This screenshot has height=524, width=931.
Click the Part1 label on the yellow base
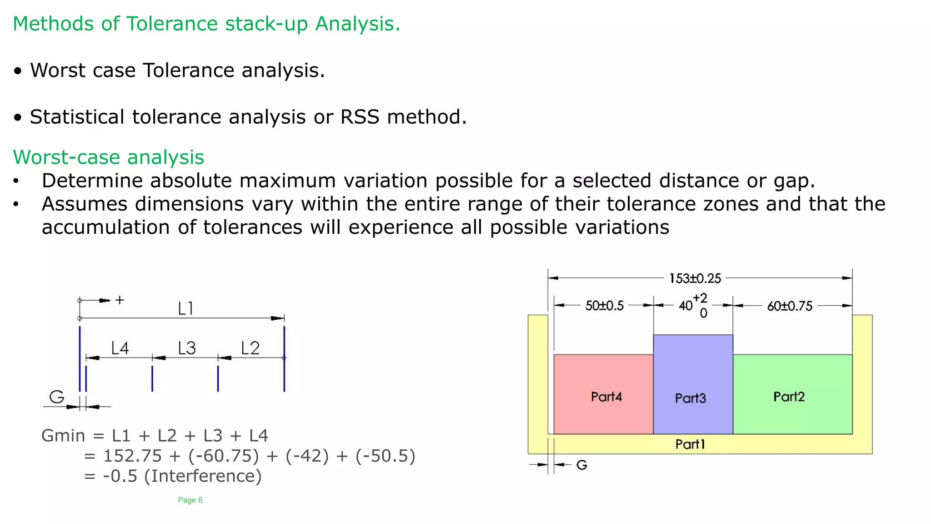(x=690, y=444)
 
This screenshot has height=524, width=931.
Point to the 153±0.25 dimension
(x=695, y=278)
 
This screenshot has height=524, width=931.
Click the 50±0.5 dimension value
(x=604, y=306)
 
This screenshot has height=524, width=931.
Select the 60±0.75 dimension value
(x=790, y=306)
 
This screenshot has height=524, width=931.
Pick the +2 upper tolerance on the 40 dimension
(x=700, y=298)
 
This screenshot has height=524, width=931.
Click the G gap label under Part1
(x=582, y=465)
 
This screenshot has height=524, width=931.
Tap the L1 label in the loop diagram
(x=186, y=308)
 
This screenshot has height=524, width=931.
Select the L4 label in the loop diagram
(x=120, y=348)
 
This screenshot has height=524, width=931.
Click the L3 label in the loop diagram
(x=187, y=348)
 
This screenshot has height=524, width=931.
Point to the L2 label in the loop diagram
(x=250, y=348)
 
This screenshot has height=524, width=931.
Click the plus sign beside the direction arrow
(x=120, y=300)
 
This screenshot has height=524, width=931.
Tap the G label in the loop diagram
(x=57, y=397)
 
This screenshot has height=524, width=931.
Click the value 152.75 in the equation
(x=132, y=456)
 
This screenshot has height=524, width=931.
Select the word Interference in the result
(x=203, y=476)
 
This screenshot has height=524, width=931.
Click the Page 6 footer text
(x=190, y=500)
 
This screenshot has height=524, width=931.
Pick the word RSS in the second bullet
(x=360, y=117)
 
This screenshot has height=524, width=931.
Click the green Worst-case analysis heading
(x=109, y=157)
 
